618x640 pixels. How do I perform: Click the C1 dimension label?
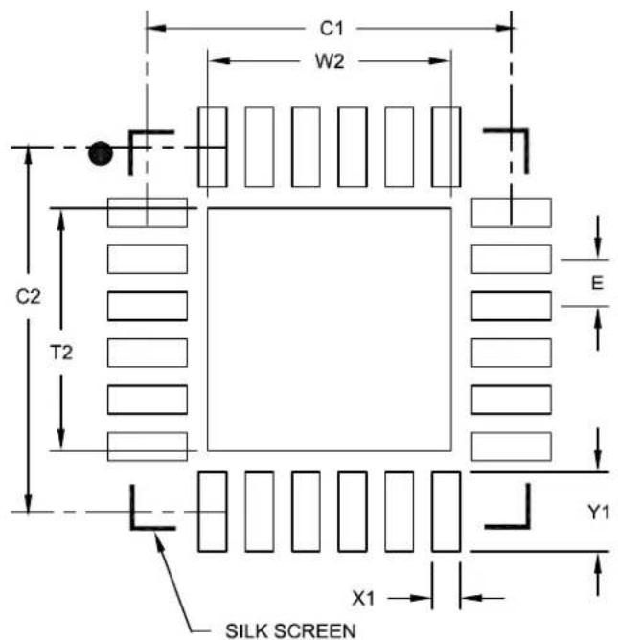click(332, 29)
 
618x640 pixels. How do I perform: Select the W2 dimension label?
click(330, 61)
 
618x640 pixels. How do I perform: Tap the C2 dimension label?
click(28, 297)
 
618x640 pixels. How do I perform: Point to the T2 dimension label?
click(61, 353)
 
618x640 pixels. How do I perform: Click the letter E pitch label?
click(597, 283)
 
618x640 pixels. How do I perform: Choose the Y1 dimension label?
click(599, 512)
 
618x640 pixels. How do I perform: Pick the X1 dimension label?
click(363, 599)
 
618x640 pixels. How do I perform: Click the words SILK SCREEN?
click(290, 630)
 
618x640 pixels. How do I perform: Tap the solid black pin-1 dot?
click(100, 153)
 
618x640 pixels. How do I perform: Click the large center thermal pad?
click(330, 330)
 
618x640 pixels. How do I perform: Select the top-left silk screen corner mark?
click(131, 132)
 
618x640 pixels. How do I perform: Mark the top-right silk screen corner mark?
click(526, 131)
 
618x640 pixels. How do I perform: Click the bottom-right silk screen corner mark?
click(527, 526)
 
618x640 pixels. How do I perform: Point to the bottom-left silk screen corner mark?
click(132, 527)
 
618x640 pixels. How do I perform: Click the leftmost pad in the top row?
click(213, 147)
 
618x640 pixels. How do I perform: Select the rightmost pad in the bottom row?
click(446, 512)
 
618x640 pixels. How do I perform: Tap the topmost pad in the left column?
click(148, 213)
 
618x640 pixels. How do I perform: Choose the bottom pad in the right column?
click(512, 446)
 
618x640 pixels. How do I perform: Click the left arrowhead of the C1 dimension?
click(156, 28)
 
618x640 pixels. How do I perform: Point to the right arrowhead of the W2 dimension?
click(441, 61)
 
